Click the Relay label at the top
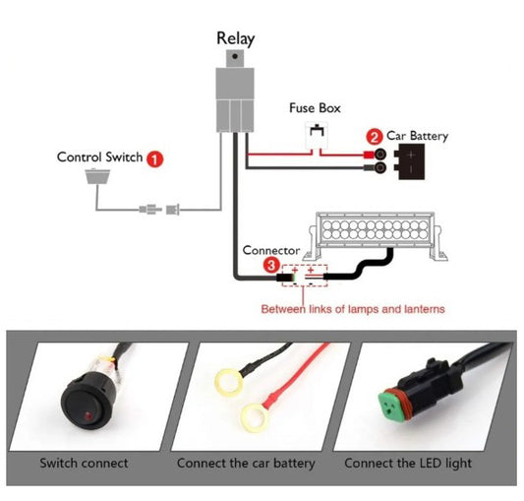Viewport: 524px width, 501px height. (235, 39)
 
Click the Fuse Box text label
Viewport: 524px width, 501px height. (315, 108)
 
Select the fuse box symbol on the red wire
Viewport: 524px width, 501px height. (316, 139)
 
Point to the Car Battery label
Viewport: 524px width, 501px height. (417, 136)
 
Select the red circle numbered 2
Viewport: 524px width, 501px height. (374, 136)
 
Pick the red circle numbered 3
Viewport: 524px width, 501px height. (270, 265)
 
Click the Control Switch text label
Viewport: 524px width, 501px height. (99, 157)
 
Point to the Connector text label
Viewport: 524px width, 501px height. (270, 251)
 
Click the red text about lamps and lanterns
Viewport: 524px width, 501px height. (352, 309)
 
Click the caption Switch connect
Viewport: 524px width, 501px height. (84, 463)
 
